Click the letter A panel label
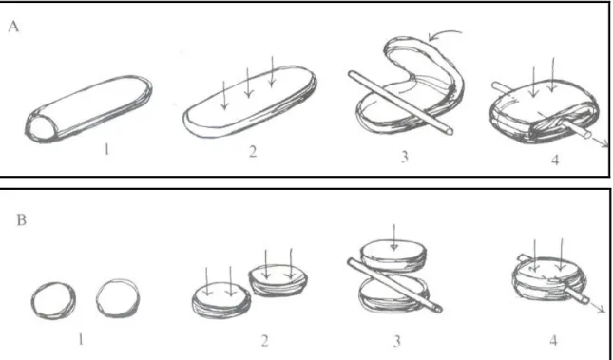click(13, 27)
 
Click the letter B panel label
click(22, 220)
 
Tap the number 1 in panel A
click(106, 149)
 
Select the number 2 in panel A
click(253, 151)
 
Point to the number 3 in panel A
click(405, 157)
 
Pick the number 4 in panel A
click(555, 160)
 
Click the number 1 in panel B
click(81, 339)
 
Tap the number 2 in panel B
click(264, 341)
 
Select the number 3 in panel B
click(397, 341)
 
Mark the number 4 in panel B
click(553, 340)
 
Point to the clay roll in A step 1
click(88, 109)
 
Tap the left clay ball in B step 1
click(53, 300)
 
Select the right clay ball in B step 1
click(118, 298)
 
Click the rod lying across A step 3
click(401, 103)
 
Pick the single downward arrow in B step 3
click(394, 237)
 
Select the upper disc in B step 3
click(393, 256)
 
